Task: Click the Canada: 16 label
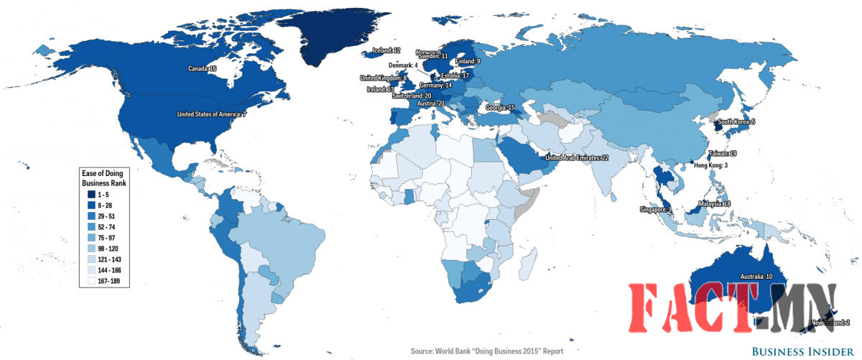[202, 69]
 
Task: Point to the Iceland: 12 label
[386, 50]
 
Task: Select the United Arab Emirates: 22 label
[577, 157]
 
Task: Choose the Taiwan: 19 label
[722, 154]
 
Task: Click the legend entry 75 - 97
[108, 237]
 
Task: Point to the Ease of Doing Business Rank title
[103, 177]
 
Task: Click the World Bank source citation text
[486, 351]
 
